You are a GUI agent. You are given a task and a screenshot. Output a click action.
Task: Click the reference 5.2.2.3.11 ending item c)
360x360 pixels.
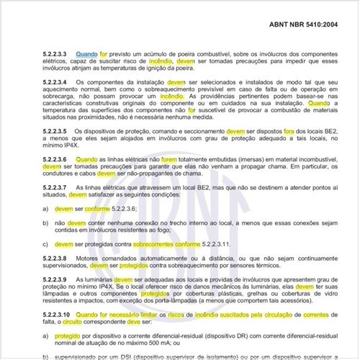[x=212, y=243]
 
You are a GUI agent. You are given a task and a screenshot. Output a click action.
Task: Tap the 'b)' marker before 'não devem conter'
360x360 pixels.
[x=46, y=223]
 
